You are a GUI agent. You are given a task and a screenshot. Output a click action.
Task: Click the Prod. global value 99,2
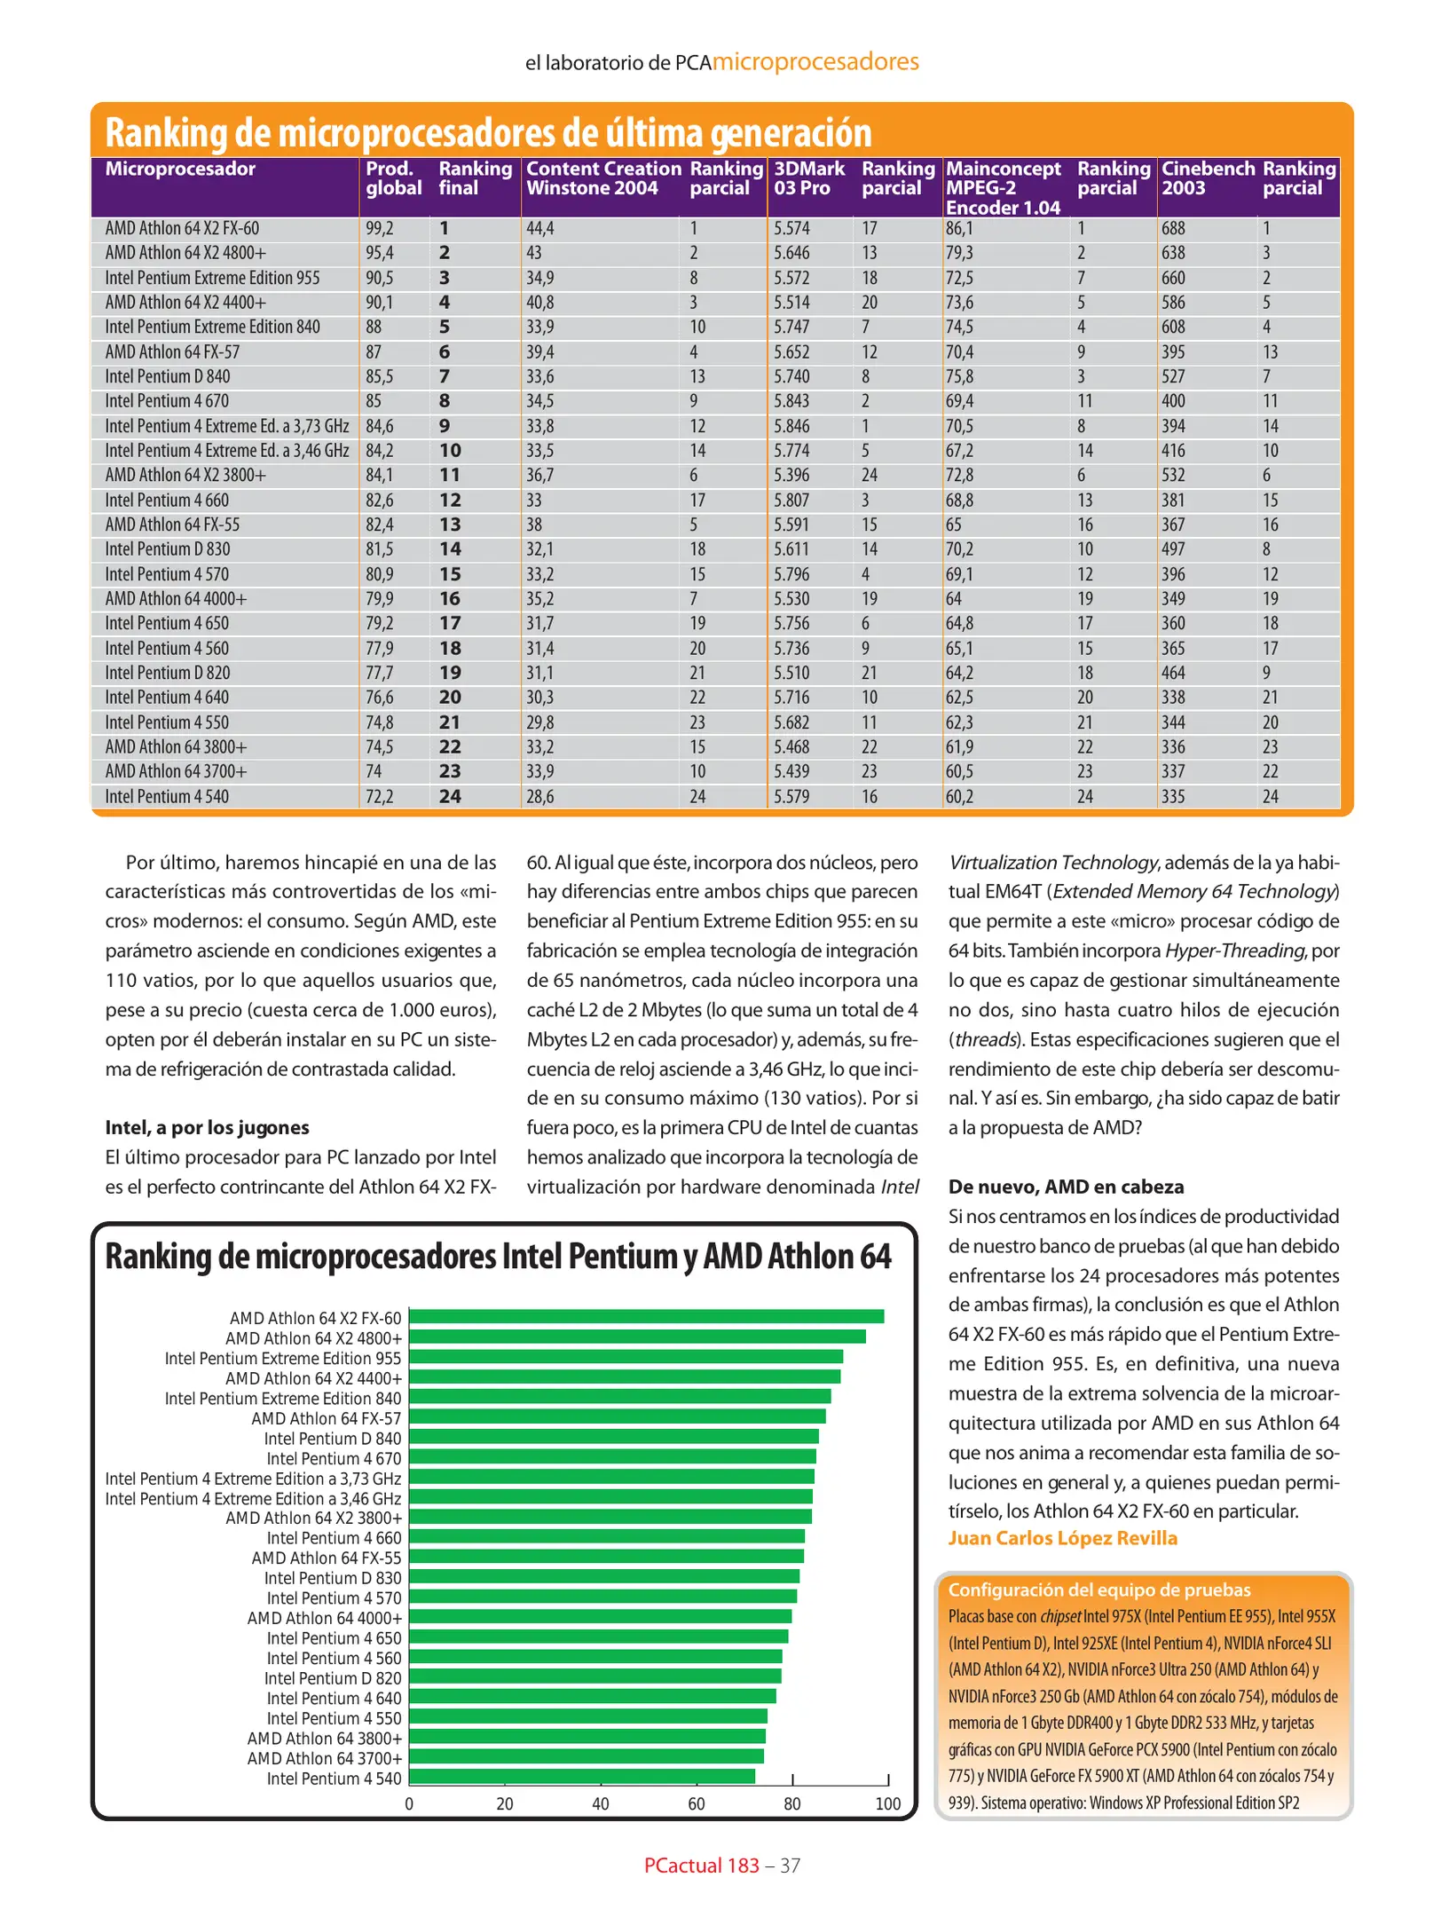(x=380, y=228)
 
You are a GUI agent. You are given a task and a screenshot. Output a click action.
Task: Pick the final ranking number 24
(x=450, y=796)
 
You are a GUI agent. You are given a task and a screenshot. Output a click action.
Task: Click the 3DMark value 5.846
(x=791, y=426)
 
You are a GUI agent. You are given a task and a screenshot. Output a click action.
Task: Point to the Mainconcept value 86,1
(x=959, y=228)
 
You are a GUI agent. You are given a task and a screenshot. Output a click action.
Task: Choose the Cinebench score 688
(x=1173, y=228)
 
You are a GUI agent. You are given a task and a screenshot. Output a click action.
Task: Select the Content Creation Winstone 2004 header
(x=603, y=178)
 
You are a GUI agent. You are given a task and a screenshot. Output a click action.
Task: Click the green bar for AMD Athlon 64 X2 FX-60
(x=646, y=1316)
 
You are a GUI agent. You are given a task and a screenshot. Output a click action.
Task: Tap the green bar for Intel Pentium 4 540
(x=582, y=1776)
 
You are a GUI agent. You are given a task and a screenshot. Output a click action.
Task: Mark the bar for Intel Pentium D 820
(x=595, y=1676)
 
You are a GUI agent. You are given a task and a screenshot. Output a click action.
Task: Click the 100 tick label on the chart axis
(x=888, y=1803)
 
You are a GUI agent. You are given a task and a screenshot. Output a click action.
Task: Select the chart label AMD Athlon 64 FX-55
(x=326, y=1558)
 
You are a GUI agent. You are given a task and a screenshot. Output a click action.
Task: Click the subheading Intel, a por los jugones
(x=207, y=1127)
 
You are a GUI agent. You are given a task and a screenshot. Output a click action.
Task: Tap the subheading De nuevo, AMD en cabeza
(x=1066, y=1187)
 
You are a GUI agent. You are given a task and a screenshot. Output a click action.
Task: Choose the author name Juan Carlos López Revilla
(x=1062, y=1538)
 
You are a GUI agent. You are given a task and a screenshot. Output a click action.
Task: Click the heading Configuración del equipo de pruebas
(x=1099, y=1590)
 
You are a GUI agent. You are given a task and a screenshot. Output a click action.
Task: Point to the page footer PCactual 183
(x=701, y=1866)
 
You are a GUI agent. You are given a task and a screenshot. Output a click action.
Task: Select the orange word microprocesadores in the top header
(x=815, y=61)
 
